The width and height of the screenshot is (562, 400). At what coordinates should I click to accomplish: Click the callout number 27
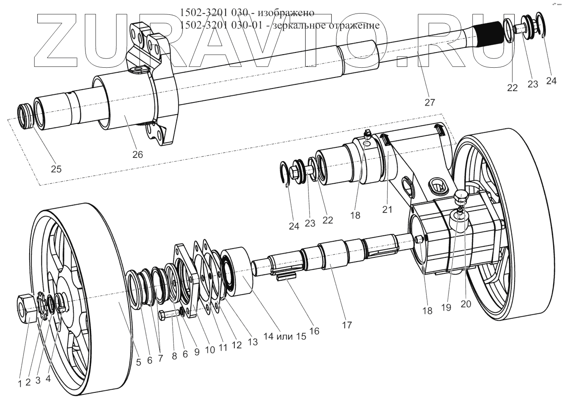(x=430, y=102)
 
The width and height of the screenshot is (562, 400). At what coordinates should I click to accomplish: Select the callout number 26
(x=137, y=154)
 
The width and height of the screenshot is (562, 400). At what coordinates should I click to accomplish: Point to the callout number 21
(x=387, y=209)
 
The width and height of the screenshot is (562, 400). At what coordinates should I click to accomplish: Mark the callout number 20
(x=466, y=303)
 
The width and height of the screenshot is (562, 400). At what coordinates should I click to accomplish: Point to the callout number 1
(x=19, y=384)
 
